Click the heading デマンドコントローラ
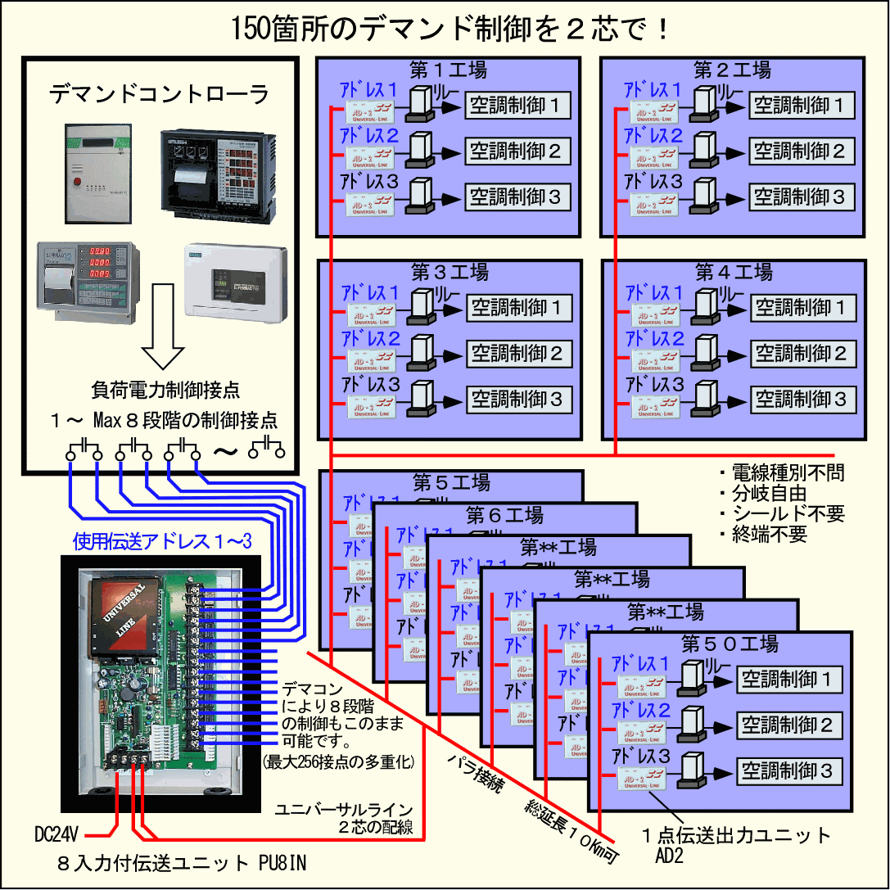(x=159, y=94)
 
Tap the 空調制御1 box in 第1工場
(x=518, y=105)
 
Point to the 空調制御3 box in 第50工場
(x=787, y=770)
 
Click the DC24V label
(x=56, y=835)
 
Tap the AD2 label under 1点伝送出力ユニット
(x=667, y=856)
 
